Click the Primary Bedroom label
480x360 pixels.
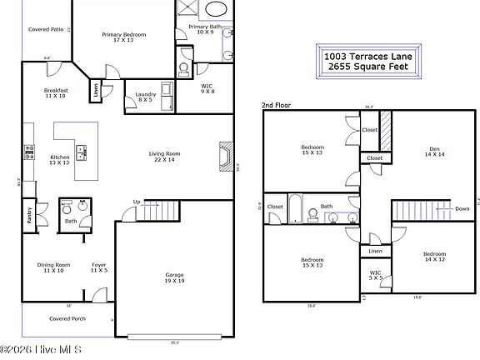124,35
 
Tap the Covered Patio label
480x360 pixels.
46,29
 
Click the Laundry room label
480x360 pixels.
146,95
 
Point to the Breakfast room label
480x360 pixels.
56,90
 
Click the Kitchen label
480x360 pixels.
59,157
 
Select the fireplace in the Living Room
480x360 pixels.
222,156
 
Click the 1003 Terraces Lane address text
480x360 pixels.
367,56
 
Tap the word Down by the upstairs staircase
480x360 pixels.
462,209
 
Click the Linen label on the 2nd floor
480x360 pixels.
375,251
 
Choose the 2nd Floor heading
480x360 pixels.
277,106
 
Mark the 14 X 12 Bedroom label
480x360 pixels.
433,257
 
